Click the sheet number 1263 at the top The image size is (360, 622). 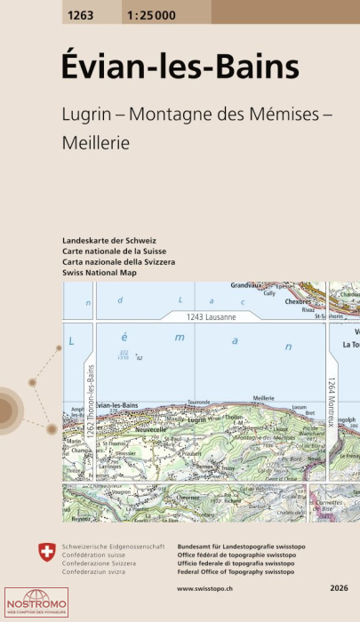point(80,12)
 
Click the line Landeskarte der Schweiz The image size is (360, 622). point(109,242)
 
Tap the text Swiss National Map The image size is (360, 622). point(100,274)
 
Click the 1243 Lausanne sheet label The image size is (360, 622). point(211,315)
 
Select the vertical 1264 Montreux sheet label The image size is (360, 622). point(331,401)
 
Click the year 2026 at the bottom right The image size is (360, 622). point(337,588)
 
